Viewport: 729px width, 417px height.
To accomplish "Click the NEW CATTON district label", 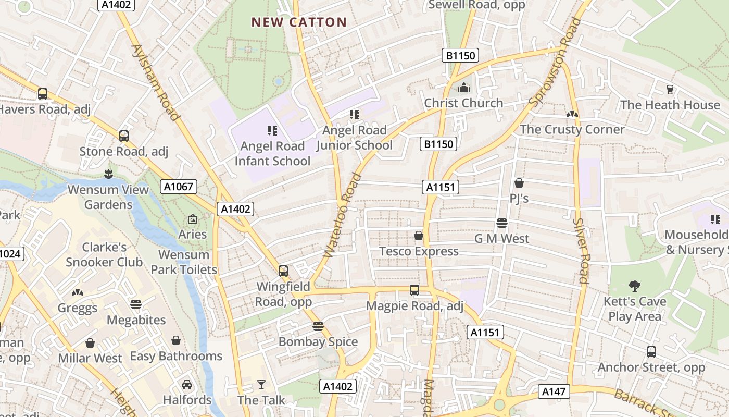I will click(299, 22).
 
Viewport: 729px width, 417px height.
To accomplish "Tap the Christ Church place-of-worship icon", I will click(463, 88).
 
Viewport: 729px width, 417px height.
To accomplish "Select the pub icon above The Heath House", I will click(670, 90).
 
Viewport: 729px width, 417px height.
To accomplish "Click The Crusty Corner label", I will click(572, 129).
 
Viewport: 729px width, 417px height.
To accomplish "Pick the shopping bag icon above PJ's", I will click(519, 183).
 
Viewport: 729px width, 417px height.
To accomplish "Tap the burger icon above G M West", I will click(501, 223).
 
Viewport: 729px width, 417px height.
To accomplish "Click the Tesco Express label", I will click(419, 251).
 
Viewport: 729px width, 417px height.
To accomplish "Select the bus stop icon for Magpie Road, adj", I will click(414, 290).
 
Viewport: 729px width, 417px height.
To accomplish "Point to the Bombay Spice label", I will click(318, 342).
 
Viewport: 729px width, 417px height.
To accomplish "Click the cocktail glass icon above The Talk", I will click(261, 385).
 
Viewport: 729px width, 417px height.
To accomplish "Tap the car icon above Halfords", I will click(187, 385).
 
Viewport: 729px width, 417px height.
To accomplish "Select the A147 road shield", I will click(554, 391).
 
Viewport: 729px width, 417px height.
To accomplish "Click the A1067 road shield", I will click(178, 187).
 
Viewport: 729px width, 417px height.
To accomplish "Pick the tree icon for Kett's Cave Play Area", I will click(634, 286).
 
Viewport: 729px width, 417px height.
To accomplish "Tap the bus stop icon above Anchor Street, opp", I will click(651, 352).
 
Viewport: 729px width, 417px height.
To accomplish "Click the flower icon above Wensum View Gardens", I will click(108, 173).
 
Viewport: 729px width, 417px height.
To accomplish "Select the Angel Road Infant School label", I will click(272, 154).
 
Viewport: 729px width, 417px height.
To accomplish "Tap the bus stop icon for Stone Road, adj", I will click(123, 136).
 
